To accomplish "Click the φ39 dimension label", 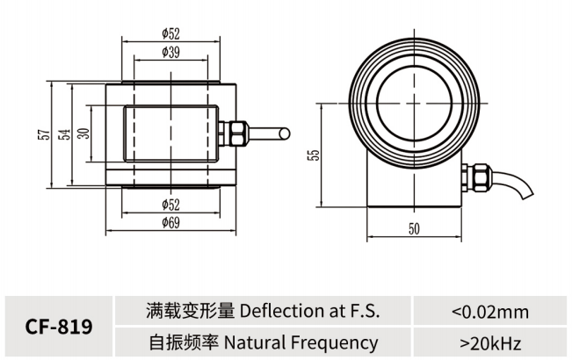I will [171, 53].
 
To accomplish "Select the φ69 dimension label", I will [171, 223].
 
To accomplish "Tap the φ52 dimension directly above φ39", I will [171, 33].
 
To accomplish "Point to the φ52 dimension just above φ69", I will [171, 205].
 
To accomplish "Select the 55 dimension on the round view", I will [314, 155].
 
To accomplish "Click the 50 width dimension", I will [415, 228].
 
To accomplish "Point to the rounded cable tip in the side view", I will [284, 133].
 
